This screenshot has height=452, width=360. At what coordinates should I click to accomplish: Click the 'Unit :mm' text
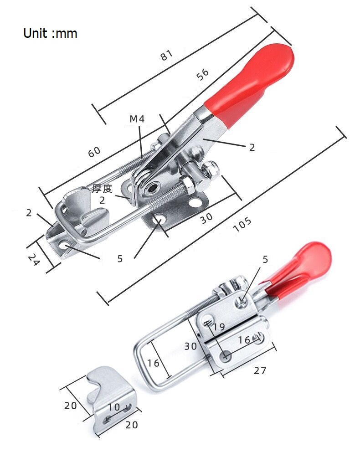point(50,33)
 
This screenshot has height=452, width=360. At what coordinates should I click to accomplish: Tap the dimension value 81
point(167,55)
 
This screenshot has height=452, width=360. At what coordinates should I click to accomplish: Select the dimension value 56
point(202,74)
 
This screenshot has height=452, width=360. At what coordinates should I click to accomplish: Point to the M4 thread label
point(137,119)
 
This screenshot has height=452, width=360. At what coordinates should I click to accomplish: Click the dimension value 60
point(94,152)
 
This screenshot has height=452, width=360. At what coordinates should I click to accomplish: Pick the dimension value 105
point(242,225)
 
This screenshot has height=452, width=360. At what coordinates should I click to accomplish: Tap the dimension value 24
point(34,259)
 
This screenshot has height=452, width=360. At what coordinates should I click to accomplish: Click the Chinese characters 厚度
point(103,189)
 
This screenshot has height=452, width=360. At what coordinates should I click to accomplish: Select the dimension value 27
point(260,370)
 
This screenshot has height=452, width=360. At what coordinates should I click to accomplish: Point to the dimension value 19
point(219,327)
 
